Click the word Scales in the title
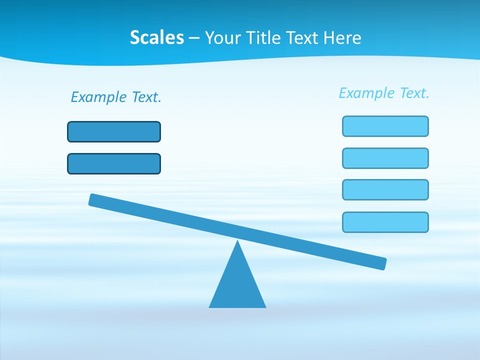coord(157,37)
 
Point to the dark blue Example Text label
coord(116,97)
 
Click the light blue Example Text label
coord(384,93)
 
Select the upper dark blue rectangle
coord(114,131)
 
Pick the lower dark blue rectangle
coord(114,163)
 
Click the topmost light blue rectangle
coord(385,126)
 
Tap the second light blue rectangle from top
coord(385,158)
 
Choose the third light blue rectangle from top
coord(385,189)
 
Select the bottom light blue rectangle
coord(385,222)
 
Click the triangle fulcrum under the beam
coord(237,282)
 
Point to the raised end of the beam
coord(95,200)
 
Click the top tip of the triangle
coord(237,241)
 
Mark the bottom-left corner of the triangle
coord(210,307)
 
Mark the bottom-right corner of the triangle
coord(265,307)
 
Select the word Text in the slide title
coord(303,37)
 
